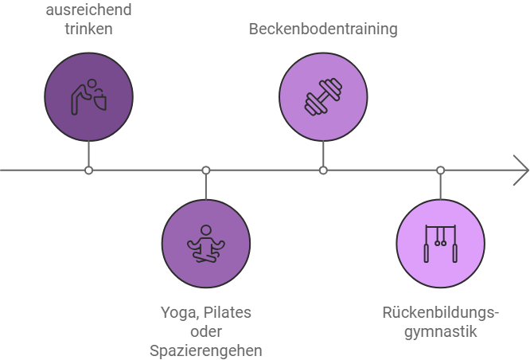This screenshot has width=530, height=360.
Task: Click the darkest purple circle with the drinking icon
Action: click(88, 96)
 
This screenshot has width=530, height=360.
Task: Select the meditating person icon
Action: click(206, 244)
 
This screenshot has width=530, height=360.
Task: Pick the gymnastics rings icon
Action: click(440, 243)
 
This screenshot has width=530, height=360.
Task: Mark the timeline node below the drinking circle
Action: click(89, 170)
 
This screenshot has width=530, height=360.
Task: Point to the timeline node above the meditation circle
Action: click(206, 170)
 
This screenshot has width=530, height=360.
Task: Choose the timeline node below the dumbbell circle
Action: click(323, 170)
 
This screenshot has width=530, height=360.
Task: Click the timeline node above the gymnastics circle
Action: click(440, 170)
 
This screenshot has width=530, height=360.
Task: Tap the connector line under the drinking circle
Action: click(89, 154)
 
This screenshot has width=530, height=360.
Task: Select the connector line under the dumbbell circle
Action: click(323, 154)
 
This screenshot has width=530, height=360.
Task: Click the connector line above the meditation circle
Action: click(206, 186)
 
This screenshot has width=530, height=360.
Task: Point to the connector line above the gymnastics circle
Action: click(440, 186)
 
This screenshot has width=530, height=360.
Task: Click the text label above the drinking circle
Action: click(89, 20)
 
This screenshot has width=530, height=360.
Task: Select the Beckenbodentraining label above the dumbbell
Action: click(322, 29)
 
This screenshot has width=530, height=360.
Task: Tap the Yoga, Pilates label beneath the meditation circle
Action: click(206, 312)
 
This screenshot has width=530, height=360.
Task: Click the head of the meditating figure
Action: click(206, 230)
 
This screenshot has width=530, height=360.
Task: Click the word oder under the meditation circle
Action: click(206, 331)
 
